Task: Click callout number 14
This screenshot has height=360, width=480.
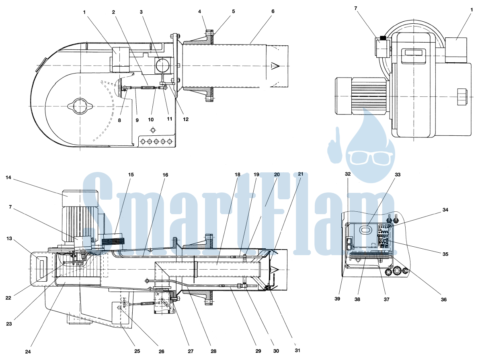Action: point(8,178)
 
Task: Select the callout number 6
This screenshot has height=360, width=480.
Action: point(273,11)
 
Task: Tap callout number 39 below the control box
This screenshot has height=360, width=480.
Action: point(337,299)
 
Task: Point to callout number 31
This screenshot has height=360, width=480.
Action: point(297,350)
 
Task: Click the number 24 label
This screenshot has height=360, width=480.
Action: point(28,352)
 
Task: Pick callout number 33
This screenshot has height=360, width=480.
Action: point(397,175)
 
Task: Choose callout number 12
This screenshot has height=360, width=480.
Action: point(186,119)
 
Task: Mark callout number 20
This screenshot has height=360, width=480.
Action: point(277,175)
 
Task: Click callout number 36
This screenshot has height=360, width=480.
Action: point(443,299)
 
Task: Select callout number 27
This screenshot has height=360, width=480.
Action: point(191,351)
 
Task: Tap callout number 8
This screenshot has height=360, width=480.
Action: point(119,120)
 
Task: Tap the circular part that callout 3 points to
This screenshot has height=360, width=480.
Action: point(162,65)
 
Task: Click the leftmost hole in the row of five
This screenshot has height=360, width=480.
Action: point(142,141)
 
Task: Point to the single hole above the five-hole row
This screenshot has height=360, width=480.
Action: point(153,130)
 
